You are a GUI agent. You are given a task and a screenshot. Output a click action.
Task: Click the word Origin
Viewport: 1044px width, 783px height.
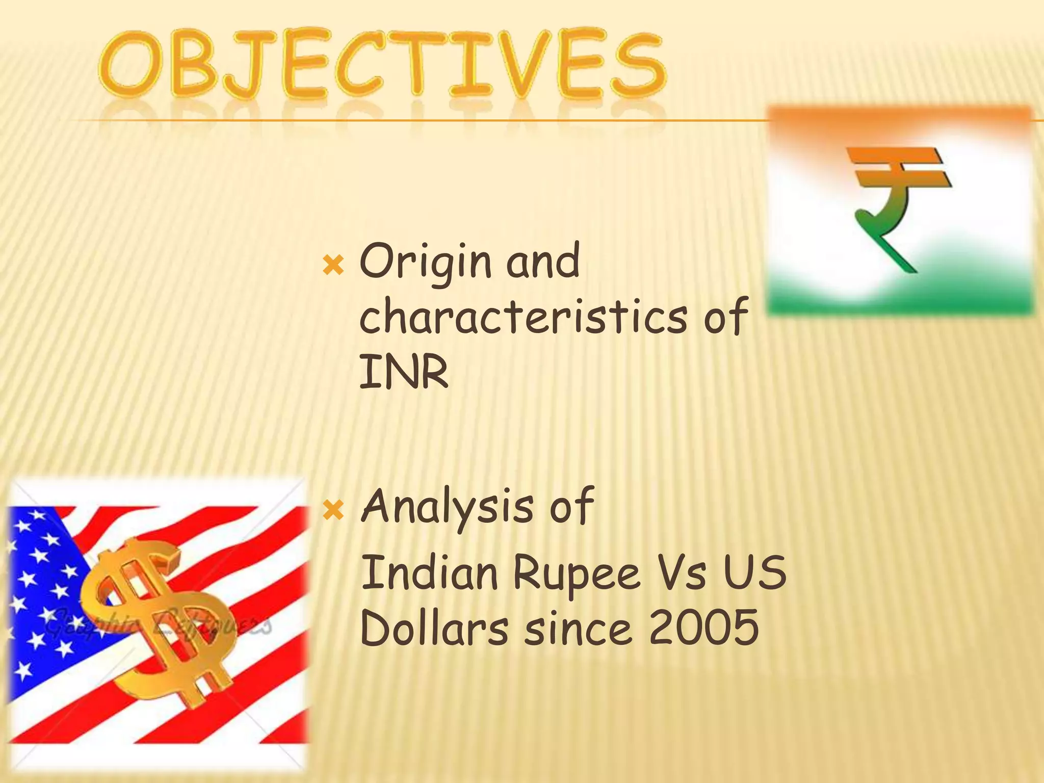pyautogui.click(x=426, y=263)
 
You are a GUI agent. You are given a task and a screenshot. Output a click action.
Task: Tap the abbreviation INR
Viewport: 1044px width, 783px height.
pyautogui.click(x=404, y=372)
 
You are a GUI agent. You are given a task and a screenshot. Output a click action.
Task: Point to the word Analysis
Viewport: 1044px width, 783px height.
pyautogui.click(x=448, y=507)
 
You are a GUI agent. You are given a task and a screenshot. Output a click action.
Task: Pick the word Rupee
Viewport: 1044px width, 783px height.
pyautogui.click(x=576, y=575)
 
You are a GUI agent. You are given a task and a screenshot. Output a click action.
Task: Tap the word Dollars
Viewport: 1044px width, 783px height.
pyautogui.click(x=434, y=628)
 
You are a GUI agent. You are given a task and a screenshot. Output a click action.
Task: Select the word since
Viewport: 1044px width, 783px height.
pyautogui.click(x=579, y=628)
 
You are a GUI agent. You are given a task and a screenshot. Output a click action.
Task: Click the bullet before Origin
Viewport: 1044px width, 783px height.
pyautogui.click(x=334, y=266)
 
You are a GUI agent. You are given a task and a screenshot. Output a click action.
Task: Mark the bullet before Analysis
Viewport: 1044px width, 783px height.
pyautogui.click(x=334, y=510)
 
